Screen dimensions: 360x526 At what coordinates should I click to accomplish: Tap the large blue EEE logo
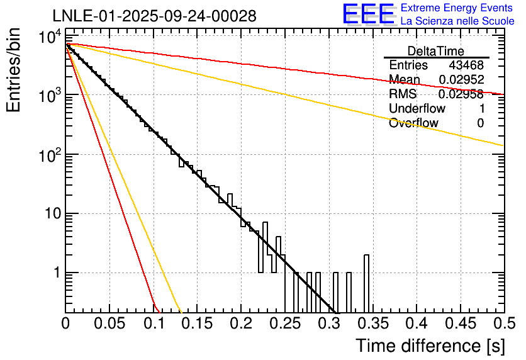tap(368, 14)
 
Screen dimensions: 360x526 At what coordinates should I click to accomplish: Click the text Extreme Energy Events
tap(457, 8)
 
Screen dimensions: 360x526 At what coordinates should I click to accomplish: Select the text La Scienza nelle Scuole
tap(457, 21)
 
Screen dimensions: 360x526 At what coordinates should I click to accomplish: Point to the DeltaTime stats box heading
tap(436, 51)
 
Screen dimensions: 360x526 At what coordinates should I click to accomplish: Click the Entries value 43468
tap(466, 65)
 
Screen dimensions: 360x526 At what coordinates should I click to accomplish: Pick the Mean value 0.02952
tap(461, 80)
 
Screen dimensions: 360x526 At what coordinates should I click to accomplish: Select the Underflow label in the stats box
tap(416, 109)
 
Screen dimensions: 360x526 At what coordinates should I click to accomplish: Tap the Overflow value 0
tap(480, 123)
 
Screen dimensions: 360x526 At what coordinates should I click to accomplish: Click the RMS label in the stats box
tap(402, 94)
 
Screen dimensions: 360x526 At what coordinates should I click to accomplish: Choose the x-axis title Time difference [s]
tap(429, 346)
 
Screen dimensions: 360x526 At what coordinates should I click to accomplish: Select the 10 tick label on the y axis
tap(47, 214)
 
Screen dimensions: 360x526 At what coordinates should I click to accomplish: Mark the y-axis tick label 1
tap(55, 273)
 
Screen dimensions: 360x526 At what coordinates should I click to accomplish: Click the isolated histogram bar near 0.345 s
tap(367, 283)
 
